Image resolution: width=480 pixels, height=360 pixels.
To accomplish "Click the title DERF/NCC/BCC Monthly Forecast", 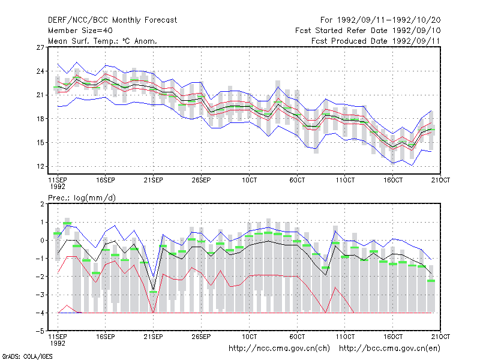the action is point(112,20).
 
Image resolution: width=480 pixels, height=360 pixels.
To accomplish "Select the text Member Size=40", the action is point(80,31).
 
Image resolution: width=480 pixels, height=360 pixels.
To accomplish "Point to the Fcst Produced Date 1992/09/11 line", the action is point(376,41).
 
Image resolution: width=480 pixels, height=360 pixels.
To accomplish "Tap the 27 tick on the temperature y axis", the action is point(40,47).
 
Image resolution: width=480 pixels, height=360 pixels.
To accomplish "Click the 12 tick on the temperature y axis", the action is point(40,167).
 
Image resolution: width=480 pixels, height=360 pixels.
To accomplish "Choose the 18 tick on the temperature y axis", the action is point(40,119).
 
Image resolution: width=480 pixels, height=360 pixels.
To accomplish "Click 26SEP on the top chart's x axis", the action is point(201,180).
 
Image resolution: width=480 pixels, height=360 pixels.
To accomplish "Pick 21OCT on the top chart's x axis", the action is point(440,180).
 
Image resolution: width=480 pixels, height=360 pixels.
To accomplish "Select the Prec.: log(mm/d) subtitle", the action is point(82,198).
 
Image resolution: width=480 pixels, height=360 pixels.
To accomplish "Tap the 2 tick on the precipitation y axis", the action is point(42,204).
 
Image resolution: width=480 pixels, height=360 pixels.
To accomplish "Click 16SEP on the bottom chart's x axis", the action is point(106,337).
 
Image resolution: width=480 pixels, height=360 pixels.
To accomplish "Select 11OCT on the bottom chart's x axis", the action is point(345,337).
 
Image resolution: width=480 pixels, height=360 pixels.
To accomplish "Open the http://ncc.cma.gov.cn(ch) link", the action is point(279,349).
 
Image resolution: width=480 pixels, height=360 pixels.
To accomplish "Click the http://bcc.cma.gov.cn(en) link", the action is point(389,349).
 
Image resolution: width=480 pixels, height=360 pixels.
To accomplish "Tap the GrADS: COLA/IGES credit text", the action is point(27,356).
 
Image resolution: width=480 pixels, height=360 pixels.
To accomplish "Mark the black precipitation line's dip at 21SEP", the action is point(154,290).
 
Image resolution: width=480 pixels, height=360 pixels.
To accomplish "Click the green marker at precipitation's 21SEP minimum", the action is point(154,292).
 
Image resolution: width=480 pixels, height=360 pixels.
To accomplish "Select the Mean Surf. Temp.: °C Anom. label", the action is point(103,41).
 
